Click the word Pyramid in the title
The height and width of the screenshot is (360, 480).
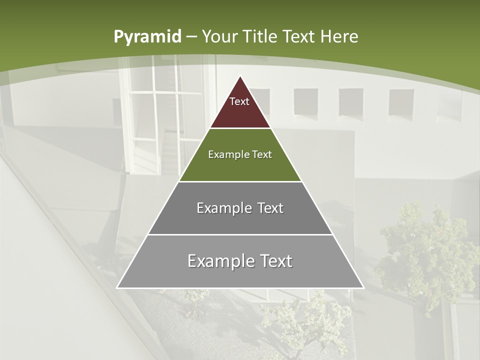pos(147,37)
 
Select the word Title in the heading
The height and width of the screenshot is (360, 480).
pos(260,36)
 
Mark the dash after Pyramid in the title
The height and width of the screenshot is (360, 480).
pos(191,37)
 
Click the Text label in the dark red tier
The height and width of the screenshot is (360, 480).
pos(239,101)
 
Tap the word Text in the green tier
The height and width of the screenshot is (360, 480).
pos(262,154)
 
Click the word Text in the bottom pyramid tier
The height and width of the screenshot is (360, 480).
pos(275,261)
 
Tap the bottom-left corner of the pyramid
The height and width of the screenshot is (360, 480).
pos(117,288)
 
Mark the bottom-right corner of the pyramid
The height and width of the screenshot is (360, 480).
pos(363,288)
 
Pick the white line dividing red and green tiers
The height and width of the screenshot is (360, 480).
pos(240,128)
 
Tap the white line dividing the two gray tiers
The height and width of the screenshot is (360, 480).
pos(240,234)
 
